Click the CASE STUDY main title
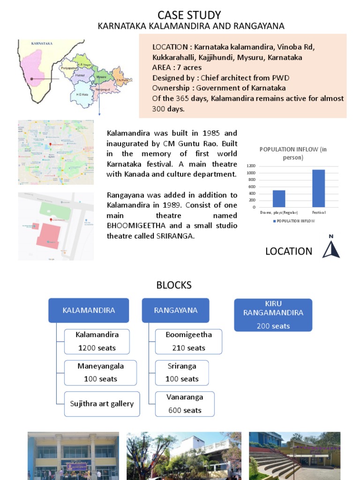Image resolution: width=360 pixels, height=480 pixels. point(189,15)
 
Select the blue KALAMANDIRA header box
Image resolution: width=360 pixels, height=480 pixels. point(89,310)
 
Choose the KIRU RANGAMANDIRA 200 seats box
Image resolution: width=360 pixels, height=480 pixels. point(273,315)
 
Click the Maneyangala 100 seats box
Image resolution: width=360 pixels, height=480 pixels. point(100,372)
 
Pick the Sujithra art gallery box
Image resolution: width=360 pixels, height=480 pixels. point(102,404)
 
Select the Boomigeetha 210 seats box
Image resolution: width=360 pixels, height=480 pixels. point(188,341)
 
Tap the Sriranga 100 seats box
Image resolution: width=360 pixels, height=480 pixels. point(182,372)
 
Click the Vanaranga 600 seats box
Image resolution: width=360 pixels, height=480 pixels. point(185,404)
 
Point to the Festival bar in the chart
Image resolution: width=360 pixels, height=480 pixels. point(318,188)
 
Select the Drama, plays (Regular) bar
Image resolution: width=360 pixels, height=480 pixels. point(279,198)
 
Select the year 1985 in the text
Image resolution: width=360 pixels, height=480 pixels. point(203,133)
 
